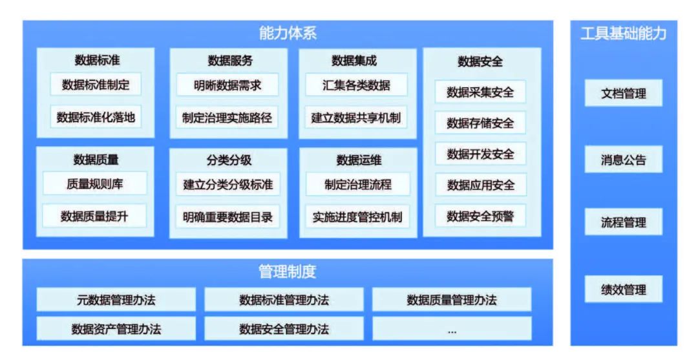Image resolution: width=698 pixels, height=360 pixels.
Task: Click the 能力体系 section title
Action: click(x=288, y=34)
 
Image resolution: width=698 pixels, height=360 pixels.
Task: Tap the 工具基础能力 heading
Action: click(x=623, y=34)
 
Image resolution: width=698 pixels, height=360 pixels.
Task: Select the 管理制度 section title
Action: click(x=288, y=271)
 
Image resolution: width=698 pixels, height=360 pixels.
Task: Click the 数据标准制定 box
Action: click(x=96, y=85)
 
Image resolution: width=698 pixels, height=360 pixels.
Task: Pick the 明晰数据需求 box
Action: click(x=227, y=85)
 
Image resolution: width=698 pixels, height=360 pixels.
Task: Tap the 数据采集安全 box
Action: click(x=480, y=92)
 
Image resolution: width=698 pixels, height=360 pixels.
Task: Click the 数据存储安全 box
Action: click(x=480, y=123)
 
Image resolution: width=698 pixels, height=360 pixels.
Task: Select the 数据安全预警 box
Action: click(x=480, y=217)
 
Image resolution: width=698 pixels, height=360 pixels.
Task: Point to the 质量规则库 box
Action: click(x=95, y=184)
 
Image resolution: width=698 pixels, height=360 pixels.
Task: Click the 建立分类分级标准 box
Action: click(x=227, y=185)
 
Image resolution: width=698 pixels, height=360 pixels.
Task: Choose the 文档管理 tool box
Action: click(x=623, y=94)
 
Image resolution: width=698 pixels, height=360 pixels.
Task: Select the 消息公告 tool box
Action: click(x=623, y=160)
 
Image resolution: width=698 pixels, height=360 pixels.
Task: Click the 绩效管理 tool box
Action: click(x=623, y=289)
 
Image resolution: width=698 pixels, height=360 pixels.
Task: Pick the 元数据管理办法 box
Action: click(x=116, y=300)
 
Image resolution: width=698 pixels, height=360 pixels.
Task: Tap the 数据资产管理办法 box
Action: click(x=116, y=329)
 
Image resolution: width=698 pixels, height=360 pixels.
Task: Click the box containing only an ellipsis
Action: click(x=452, y=329)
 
